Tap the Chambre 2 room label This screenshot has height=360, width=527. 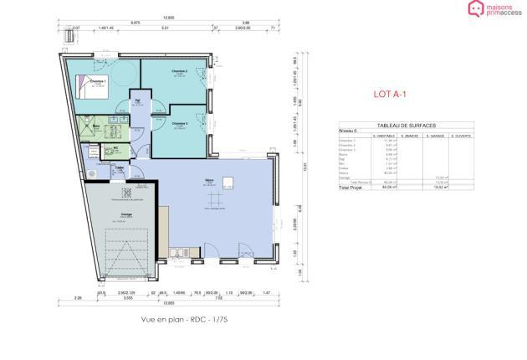[180, 72]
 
